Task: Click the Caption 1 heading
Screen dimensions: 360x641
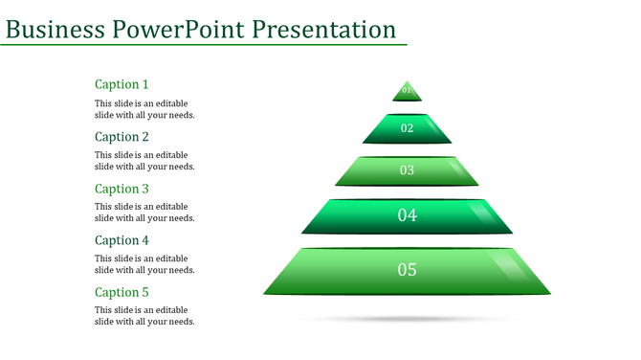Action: [122, 84]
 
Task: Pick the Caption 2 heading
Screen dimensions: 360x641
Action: [122, 137]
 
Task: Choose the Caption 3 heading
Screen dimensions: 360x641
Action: [122, 189]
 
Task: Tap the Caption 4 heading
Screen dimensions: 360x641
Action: [122, 240]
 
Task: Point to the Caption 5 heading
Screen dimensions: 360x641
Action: [122, 292]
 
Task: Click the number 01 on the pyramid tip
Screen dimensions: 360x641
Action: [407, 91]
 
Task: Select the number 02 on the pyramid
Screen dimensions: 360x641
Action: [407, 128]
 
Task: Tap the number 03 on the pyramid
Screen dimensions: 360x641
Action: [407, 170]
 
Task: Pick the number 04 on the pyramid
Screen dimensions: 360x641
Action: [408, 215]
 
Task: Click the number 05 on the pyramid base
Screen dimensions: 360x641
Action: [408, 270]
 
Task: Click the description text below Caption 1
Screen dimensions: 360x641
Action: [144, 109]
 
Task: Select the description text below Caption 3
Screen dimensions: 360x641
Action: [144, 213]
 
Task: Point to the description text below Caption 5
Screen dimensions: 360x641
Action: [144, 316]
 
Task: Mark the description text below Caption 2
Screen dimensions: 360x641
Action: [144, 161]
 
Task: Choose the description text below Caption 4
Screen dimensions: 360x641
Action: [144, 264]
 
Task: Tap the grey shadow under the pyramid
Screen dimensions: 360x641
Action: [408, 318]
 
